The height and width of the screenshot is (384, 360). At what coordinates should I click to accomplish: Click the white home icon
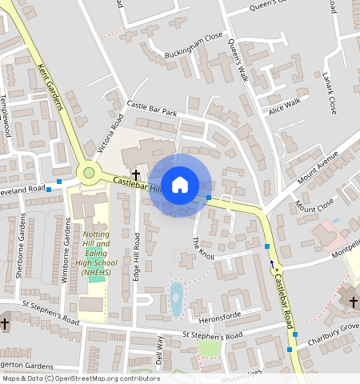pyautogui.click(x=180, y=185)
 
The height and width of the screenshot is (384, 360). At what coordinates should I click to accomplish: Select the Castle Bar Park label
pyautogui.click(x=152, y=108)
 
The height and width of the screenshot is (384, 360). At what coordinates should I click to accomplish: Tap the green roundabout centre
pyautogui.click(x=89, y=173)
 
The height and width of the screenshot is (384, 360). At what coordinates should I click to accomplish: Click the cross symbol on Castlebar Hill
pyautogui.click(x=136, y=174)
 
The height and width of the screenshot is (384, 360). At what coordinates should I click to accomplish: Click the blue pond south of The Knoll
pyautogui.click(x=176, y=298)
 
